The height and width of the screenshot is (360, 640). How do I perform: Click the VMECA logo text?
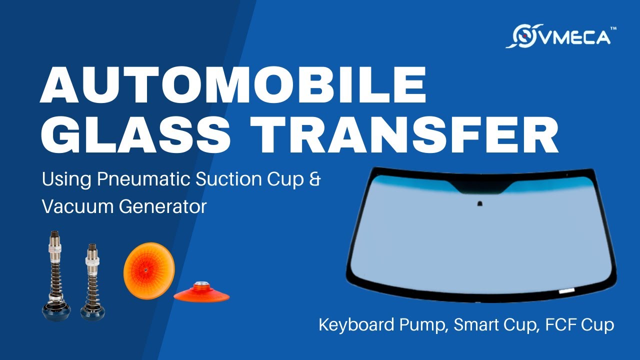click(574, 37)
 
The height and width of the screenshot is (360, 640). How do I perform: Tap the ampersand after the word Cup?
click(314, 178)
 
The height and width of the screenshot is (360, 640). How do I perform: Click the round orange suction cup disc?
click(145, 270)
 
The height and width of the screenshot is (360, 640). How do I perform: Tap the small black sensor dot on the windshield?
click(479, 203)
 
